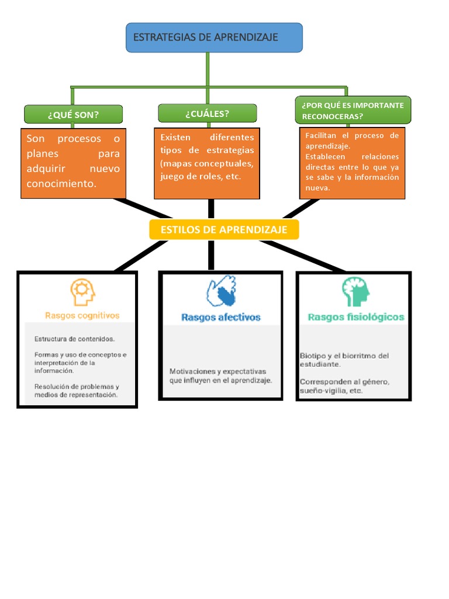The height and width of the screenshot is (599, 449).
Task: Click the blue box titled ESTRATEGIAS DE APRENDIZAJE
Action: click(214, 37)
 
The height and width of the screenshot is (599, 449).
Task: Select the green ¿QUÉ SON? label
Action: click(73, 115)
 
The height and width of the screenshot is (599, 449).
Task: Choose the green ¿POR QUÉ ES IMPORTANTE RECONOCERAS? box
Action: click(353, 111)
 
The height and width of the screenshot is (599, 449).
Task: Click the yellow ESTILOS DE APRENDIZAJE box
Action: click(224, 230)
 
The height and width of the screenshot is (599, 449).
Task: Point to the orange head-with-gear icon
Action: click(82, 292)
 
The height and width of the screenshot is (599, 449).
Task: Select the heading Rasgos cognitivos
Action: click(82, 315)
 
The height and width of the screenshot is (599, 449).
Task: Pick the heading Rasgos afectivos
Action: click(220, 317)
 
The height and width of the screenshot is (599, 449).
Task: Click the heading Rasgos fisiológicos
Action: click(355, 317)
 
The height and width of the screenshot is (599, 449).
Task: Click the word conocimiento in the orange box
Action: click(60, 184)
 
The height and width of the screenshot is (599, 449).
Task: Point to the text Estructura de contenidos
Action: click(74, 339)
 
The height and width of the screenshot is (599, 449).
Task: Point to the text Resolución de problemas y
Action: click(77, 386)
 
